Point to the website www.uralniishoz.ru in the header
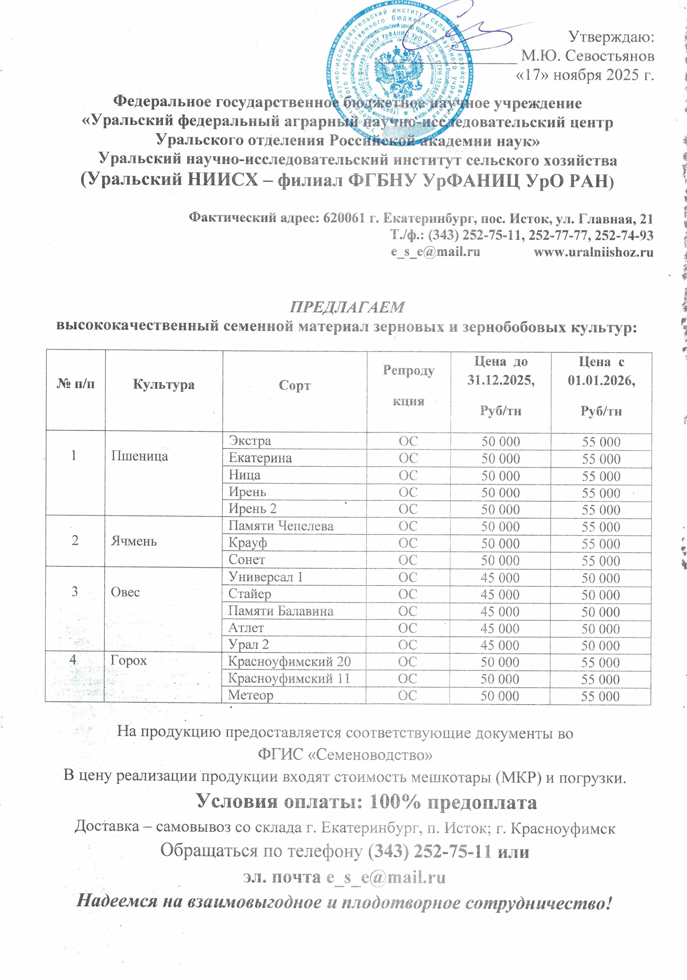coord(593,252)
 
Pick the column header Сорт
coord(294,385)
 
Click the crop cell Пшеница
coord(139,456)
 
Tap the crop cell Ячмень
coord(133,541)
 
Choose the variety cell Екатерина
coord(260,458)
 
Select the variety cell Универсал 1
coord(266,577)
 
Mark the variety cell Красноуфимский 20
coord(289,662)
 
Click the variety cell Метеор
coord(250,695)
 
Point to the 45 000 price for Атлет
coord(500,628)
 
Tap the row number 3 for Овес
coord(75,592)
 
